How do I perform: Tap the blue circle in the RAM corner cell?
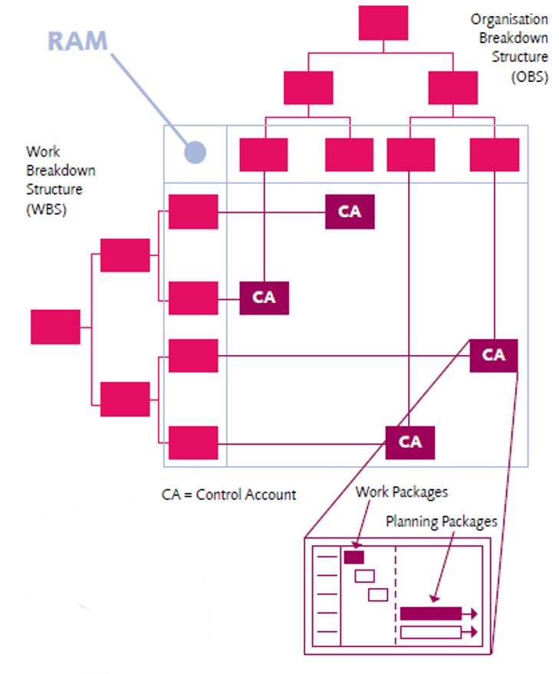click(196, 152)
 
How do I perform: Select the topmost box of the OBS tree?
click(383, 22)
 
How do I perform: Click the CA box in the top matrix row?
click(350, 212)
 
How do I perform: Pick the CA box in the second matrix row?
click(264, 298)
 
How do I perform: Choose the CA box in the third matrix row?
click(494, 356)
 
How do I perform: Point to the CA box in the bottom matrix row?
click(409, 442)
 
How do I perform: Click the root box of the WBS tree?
click(55, 327)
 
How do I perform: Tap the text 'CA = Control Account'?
click(229, 495)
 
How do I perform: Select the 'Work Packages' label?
click(402, 492)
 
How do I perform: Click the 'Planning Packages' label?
click(442, 522)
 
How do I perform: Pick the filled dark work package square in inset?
click(353, 557)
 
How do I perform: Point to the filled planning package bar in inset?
click(431, 613)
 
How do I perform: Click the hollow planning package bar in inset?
click(431, 632)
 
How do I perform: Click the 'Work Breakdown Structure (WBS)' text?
click(60, 179)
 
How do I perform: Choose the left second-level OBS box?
click(308, 87)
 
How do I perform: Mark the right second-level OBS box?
click(452, 87)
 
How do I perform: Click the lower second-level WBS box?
click(125, 399)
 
